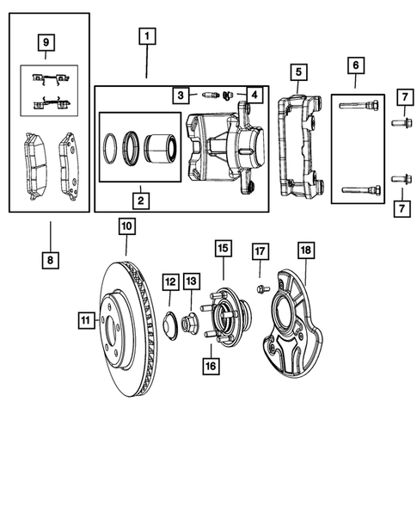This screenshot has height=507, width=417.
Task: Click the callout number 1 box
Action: point(148,36)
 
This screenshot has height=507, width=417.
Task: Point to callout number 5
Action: point(297,71)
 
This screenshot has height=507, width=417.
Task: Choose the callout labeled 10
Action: point(126,227)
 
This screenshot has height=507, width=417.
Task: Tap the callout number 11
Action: point(84,321)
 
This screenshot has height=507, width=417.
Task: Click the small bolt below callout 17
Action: point(260,289)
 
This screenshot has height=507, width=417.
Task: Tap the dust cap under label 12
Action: point(170,326)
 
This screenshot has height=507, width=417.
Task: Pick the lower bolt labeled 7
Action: point(400,180)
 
